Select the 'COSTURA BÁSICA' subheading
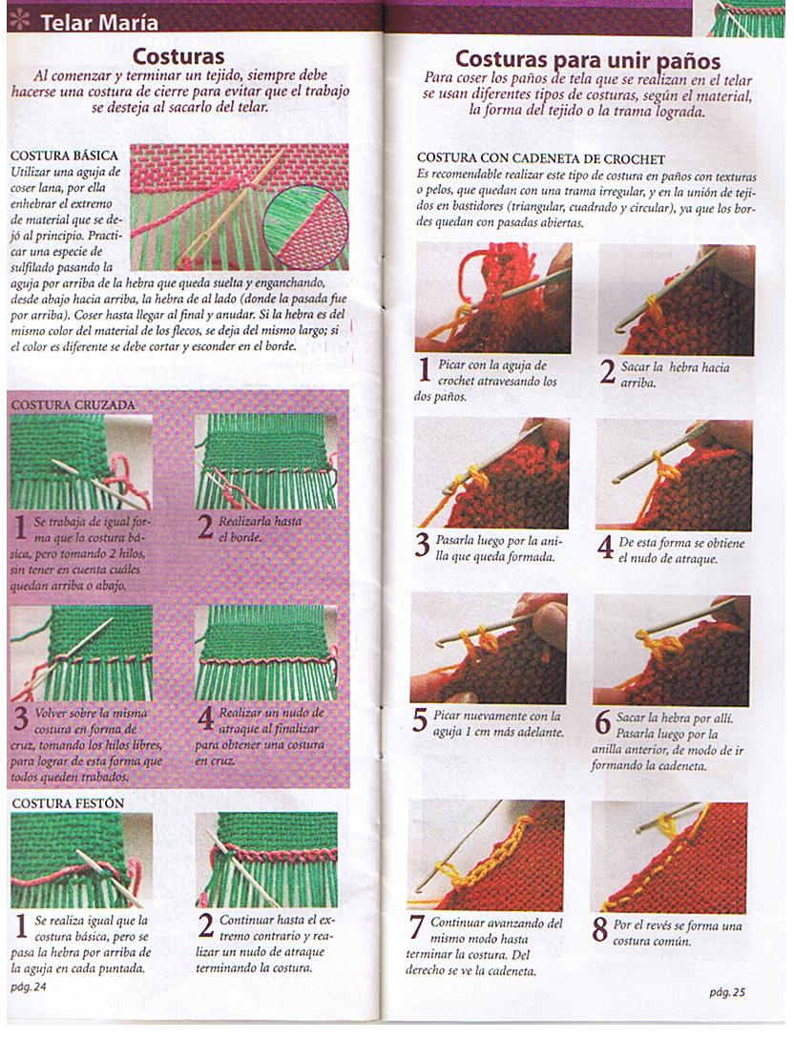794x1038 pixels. [x=63, y=155]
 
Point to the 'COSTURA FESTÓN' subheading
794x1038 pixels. [x=68, y=803]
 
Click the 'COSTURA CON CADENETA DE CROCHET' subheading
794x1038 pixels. [x=540, y=158]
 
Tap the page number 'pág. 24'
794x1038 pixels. [x=29, y=986]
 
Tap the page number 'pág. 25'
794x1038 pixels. [x=726, y=992]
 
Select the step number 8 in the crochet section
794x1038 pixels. [x=600, y=929]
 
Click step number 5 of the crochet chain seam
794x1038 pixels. [x=420, y=720]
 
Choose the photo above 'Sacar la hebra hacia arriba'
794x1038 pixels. [x=676, y=300]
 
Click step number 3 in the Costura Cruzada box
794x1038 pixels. [x=20, y=717]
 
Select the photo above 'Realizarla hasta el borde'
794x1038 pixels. [x=266, y=462]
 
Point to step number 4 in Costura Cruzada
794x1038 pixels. [x=205, y=718]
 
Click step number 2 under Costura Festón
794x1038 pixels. [x=205, y=925]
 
